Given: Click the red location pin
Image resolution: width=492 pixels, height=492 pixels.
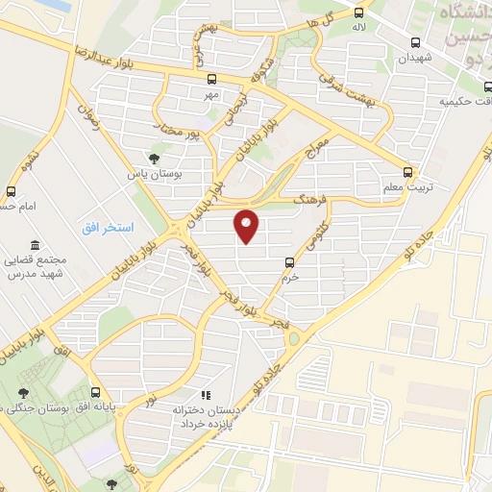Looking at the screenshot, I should click(x=247, y=225).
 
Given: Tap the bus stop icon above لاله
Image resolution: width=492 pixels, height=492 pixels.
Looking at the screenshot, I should click(x=359, y=13).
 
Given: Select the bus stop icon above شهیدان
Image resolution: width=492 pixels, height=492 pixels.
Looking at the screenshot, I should click(x=416, y=42).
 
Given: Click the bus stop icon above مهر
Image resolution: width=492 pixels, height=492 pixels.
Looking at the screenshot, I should click(x=211, y=80).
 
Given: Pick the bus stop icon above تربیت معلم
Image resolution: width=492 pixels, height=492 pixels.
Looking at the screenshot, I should click(x=408, y=173).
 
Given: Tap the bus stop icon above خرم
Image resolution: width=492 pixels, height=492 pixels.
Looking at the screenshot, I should click(x=289, y=261).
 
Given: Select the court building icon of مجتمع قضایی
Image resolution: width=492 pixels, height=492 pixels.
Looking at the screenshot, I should click(x=35, y=245).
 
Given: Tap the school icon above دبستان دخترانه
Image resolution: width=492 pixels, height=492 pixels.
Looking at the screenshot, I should click(x=204, y=395).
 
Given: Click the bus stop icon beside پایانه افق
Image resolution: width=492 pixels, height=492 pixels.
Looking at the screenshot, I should click(x=95, y=392).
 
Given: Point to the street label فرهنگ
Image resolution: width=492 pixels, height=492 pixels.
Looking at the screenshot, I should click(x=312, y=198).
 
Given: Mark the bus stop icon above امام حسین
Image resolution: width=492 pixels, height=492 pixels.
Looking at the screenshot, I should click(x=12, y=191).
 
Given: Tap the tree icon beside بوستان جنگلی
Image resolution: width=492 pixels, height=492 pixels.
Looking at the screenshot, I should click(x=23, y=392).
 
